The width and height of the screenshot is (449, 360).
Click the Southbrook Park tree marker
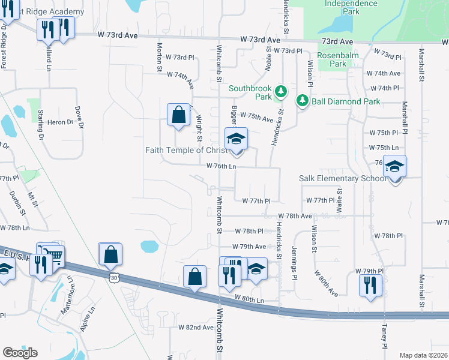(x=280, y=92)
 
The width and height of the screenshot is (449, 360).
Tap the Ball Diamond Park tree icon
(x=303, y=101)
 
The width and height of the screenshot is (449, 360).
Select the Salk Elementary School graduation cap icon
(x=394, y=167)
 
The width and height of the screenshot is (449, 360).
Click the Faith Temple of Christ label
(x=187, y=150)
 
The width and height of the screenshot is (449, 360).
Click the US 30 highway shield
(x=114, y=277)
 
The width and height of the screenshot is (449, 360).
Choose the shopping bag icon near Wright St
(x=178, y=115)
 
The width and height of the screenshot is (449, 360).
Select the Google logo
(x=20, y=352)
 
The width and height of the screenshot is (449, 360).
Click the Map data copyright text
(x=423, y=355)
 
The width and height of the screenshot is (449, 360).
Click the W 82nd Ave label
(x=196, y=328)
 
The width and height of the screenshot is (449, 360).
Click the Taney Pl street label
(x=384, y=336)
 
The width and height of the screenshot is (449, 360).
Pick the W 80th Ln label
(x=249, y=298)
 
